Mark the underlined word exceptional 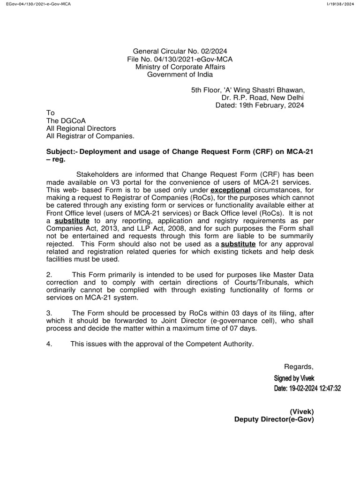point(231,190)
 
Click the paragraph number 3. point(48,313)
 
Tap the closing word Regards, point(299,366)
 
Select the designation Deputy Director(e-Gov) point(274,420)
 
